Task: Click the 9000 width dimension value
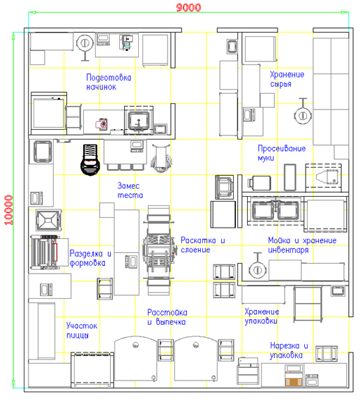[x=188, y=7]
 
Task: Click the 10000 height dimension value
[x=8, y=210]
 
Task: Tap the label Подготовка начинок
[x=109, y=82]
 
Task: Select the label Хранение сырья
[x=287, y=79]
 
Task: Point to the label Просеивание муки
[x=282, y=153]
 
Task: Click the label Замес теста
[x=130, y=191]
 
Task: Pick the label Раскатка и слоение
[x=203, y=245]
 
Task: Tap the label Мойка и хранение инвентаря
[x=302, y=245]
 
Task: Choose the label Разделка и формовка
[x=91, y=258]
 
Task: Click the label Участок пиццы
[x=82, y=330]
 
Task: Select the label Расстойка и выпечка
[x=167, y=317]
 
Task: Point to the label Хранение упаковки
[x=262, y=316]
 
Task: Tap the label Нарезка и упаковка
[x=289, y=350]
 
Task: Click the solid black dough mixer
[x=90, y=159]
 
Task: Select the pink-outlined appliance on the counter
[x=102, y=124]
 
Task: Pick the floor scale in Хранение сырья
[x=303, y=112]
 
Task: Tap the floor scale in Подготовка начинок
[x=85, y=47]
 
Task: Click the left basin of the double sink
[x=263, y=210]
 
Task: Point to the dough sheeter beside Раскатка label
[x=159, y=250]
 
